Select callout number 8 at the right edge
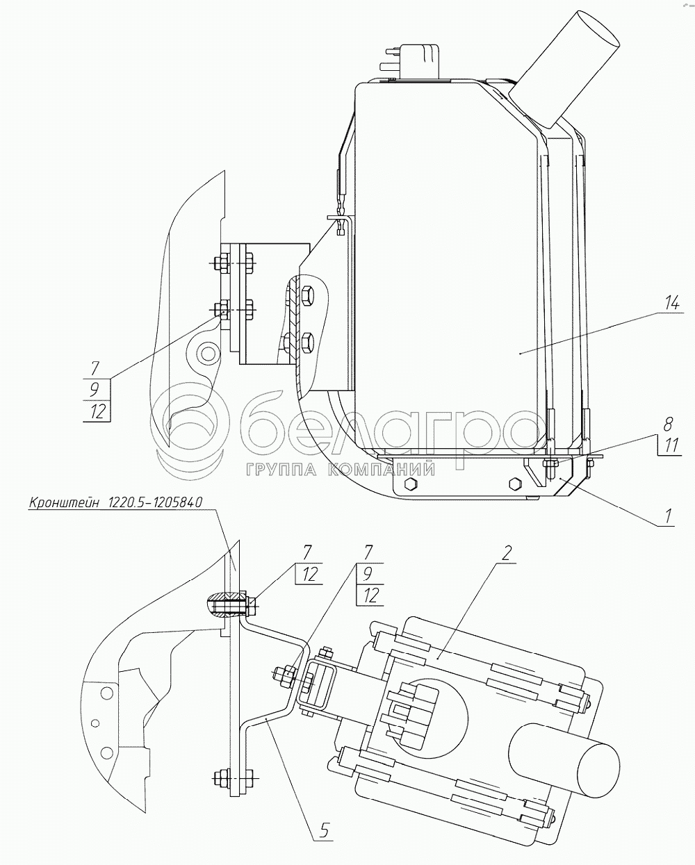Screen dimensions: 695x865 coord(669,425)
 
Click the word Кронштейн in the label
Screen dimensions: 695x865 coord(63,503)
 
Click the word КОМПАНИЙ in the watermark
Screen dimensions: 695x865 coord(382,470)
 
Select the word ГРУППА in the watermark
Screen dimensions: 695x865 coord(281,470)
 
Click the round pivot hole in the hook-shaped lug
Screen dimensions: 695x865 coord(208,354)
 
